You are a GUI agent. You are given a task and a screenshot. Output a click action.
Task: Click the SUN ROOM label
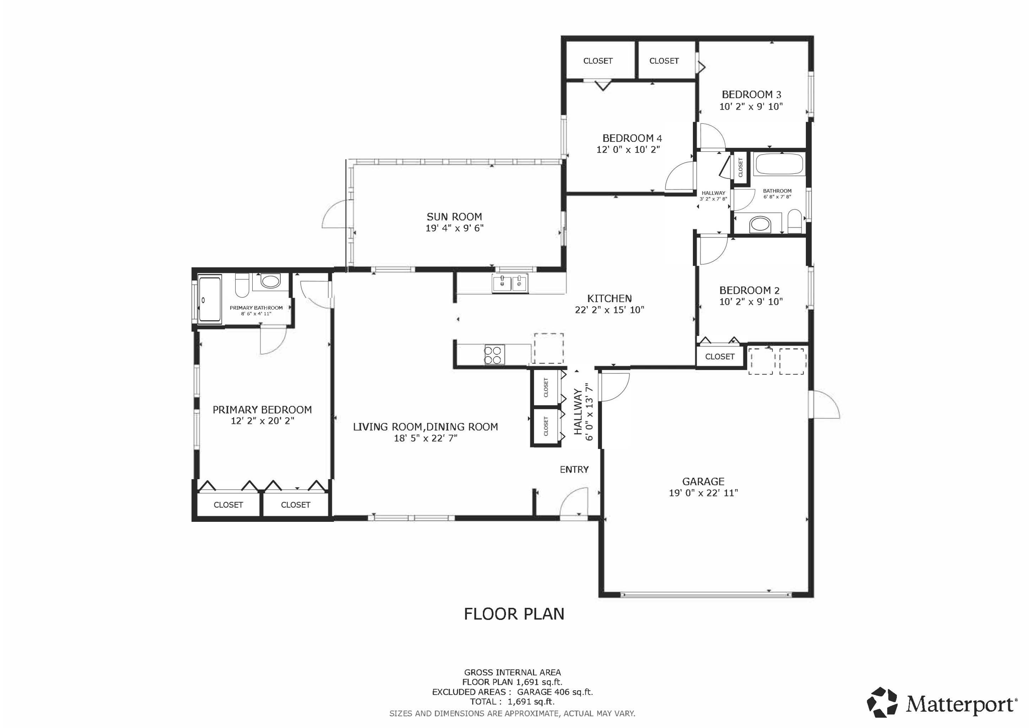(x=454, y=217)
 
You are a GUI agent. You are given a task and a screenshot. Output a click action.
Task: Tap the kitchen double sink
(x=510, y=284)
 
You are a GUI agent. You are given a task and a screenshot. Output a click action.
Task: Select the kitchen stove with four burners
(x=494, y=354)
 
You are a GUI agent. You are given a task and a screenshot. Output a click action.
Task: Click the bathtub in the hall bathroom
(x=779, y=164)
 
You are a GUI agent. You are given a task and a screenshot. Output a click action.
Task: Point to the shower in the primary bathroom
(x=210, y=300)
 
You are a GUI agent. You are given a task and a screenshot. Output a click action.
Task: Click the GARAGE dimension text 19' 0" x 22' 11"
(x=703, y=493)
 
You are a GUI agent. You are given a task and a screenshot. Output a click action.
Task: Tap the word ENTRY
(x=574, y=470)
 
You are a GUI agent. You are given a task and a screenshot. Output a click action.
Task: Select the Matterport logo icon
(x=882, y=702)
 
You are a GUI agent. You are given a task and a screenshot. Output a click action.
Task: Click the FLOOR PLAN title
(x=513, y=614)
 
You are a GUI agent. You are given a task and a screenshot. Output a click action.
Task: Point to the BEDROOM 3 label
(x=751, y=95)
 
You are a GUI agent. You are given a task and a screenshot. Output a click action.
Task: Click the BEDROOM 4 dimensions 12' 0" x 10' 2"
(x=628, y=150)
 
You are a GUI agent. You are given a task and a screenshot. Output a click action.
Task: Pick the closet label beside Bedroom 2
(x=719, y=357)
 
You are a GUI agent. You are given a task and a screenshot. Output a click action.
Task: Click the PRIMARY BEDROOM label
(x=262, y=410)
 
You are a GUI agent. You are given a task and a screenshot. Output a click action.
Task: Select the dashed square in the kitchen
(x=548, y=348)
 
